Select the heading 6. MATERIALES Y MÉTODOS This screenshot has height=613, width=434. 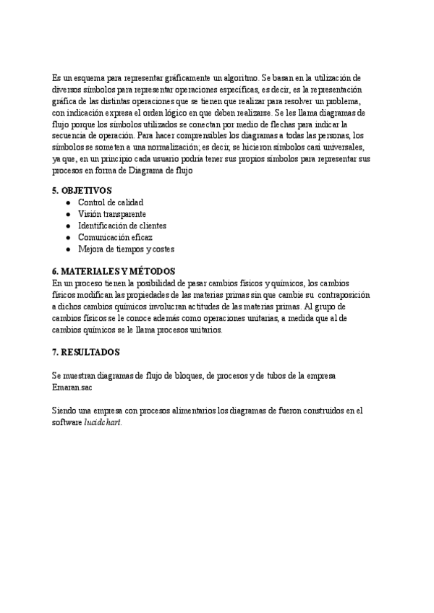[114, 271]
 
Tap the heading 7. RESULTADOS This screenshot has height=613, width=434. [86, 352]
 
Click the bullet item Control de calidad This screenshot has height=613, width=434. [110, 202]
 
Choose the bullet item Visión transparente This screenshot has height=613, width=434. [111, 214]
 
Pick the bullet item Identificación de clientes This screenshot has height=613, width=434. [122, 226]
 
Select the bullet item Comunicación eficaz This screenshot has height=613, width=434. [115, 237]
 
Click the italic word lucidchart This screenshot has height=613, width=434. [103, 422]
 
